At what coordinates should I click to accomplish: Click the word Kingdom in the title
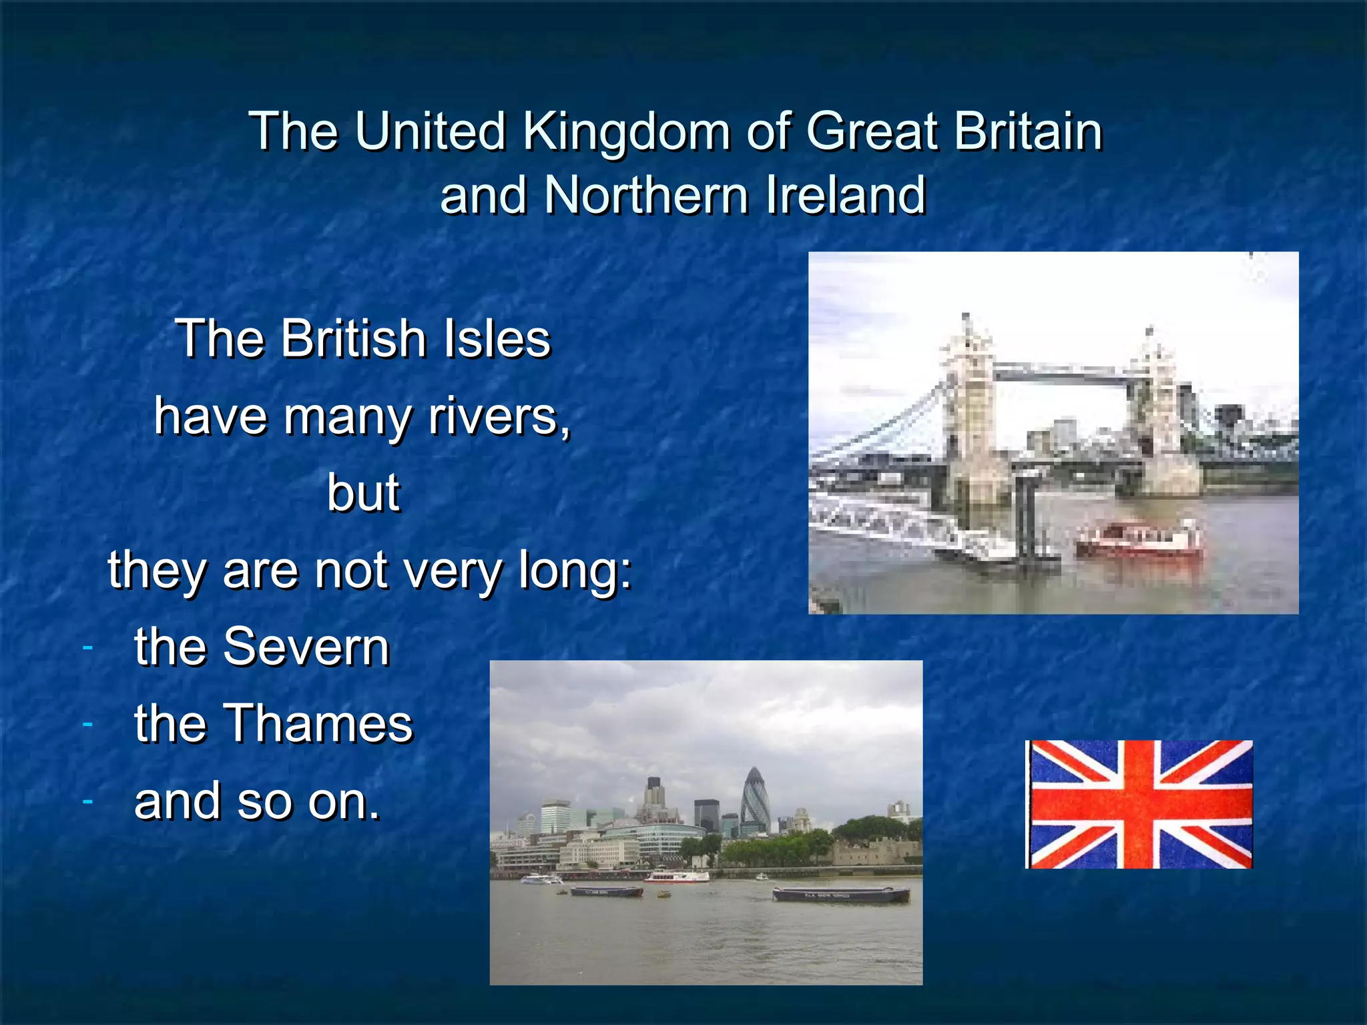[x=626, y=132]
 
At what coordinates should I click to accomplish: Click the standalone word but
[x=364, y=493]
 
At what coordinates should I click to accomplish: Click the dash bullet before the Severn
[x=87, y=647]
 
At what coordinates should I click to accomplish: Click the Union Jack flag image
[x=1139, y=804]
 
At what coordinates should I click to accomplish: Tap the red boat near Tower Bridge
[x=1139, y=541]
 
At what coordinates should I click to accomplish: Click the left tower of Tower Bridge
[x=969, y=414]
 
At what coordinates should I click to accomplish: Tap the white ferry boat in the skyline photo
[x=676, y=876]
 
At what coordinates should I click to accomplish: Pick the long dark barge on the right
[x=841, y=894]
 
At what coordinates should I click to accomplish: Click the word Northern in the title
[x=646, y=196]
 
